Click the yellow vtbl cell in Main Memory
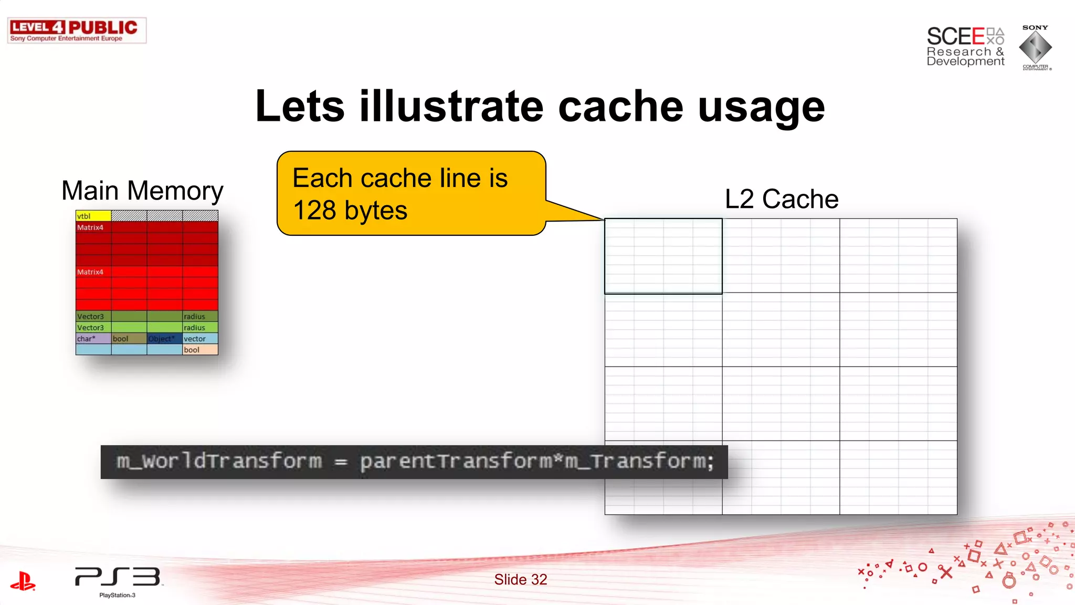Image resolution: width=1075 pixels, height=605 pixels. (x=93, y=216)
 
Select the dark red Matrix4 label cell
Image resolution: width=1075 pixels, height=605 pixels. (x=93, y=227)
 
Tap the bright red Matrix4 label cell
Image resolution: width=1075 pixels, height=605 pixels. (x=93, y=272)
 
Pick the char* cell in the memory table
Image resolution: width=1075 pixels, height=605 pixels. (x=93, y=339)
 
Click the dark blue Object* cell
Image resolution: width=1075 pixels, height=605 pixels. (x=164, y=339)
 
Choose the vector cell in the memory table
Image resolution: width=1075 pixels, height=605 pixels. (x=200, y=339)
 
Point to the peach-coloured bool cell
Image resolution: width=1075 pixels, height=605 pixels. (x=200, y=350)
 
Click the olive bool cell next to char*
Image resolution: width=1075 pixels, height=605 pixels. (x=129, y=339)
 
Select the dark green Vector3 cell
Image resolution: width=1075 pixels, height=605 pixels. (x=93, y=317)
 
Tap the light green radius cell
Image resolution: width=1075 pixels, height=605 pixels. (x=200, y=328)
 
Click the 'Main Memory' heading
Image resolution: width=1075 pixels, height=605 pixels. (x=142, y=191)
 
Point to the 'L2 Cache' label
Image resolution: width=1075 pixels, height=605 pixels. (x=782, y=199)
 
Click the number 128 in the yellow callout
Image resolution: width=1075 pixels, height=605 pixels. (x=314, y=211)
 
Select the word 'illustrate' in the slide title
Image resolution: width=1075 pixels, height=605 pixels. (x=451, y=107)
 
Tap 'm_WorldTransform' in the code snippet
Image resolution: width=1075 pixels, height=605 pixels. (x=219, y=462)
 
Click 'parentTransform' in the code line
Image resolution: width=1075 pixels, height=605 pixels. (x=456, y=462)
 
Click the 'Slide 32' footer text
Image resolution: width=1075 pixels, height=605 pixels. (x=520, y=579)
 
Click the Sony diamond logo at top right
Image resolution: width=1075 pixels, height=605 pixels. (x=1035, y=47)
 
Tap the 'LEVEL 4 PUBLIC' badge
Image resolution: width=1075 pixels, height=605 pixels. (x=77, y=30)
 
